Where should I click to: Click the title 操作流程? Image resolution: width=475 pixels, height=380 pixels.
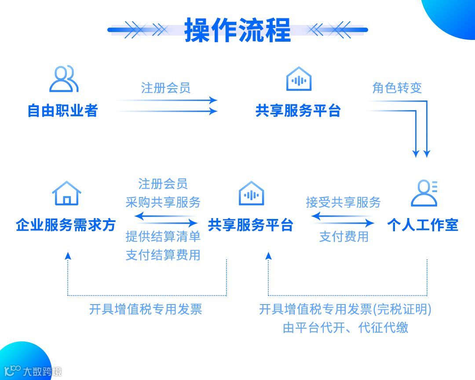point(237,30)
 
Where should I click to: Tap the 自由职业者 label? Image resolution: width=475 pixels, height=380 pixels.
point(62,111)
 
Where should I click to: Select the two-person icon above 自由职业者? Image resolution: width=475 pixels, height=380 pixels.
point(64,79)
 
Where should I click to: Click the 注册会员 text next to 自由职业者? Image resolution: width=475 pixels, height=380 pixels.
point(166,88)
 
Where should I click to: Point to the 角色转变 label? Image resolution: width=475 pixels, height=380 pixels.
point(397,88)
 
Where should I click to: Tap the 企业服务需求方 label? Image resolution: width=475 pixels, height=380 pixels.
point(66,225)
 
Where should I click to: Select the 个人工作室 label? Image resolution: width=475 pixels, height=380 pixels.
point(422,225)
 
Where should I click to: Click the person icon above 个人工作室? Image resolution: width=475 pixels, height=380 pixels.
point(424,193)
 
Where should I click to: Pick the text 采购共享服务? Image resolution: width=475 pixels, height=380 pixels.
point(163,202)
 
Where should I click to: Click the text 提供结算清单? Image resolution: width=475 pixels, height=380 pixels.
point(163,237)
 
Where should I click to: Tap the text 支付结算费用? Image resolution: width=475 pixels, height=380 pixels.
point(163,255)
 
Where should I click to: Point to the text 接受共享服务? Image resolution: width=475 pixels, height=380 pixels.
point(343,202)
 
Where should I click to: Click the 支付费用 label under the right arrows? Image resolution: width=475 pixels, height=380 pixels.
point(343,237)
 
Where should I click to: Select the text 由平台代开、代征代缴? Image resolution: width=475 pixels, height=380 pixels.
point(345,327)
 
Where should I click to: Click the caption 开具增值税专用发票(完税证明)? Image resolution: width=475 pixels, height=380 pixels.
point(345,309)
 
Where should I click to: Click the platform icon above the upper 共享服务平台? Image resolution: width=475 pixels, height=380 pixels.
point(299,79)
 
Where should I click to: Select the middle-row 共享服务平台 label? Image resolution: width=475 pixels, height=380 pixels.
point(250,225)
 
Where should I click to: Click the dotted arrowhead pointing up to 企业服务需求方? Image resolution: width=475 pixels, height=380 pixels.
point(67,255)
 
